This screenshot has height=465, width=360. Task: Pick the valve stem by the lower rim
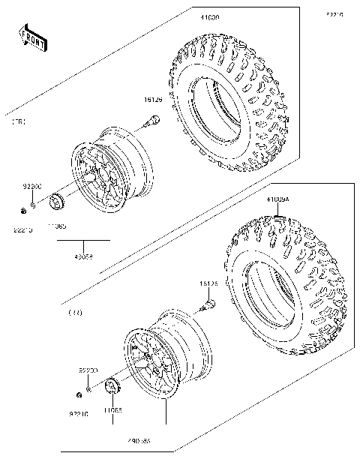209,304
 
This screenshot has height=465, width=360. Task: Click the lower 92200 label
89,370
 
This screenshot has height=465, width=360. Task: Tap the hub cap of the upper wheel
55,202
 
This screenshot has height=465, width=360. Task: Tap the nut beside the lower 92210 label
78,395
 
